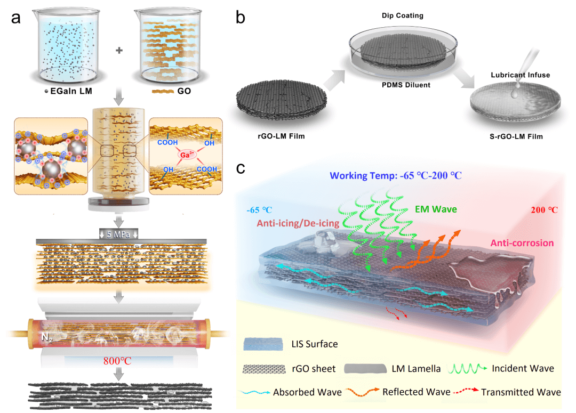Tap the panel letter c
241,169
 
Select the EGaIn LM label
70,91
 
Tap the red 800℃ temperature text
118,360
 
